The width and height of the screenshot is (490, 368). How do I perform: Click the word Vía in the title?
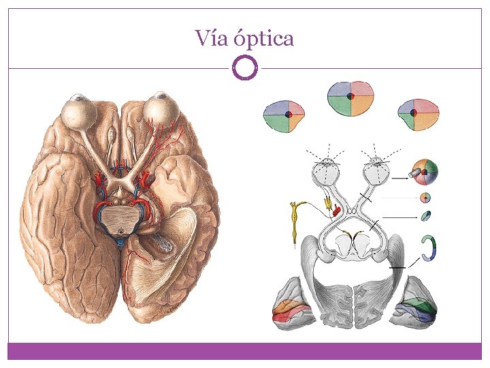[x=211, y=37]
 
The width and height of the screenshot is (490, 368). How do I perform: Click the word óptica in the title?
[x=264, y=39]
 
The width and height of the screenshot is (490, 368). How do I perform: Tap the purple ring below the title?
[x=245, y=67]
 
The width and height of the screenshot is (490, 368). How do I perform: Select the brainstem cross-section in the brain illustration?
[x=120, y=217]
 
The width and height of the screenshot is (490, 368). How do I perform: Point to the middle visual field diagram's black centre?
[x=350, y=96]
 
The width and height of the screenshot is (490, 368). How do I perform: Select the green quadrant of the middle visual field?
[x=339, y=106]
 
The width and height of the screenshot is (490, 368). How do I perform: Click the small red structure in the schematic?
[x=336, y=211]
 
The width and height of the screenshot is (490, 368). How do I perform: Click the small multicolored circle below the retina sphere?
[x=425, y=198]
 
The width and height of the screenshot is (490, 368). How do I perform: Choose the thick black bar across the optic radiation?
[x=397, y=268]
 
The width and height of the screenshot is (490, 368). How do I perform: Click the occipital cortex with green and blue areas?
[x=416, y=303]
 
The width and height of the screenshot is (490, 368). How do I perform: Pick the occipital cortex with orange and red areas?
[x=293, y=303]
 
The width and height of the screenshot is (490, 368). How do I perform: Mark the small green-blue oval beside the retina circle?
[x=425, y=216]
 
